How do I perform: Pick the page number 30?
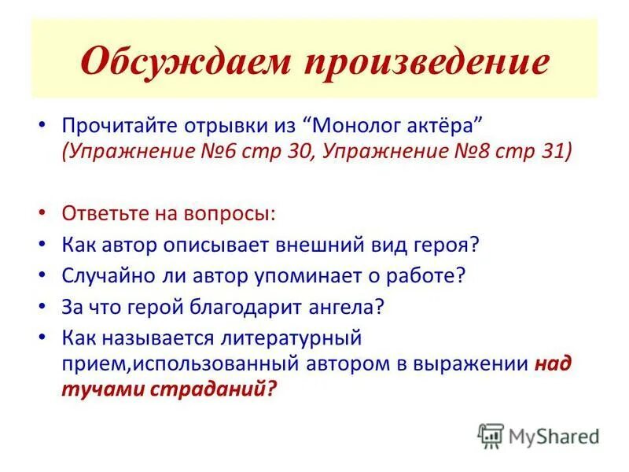point(334,151)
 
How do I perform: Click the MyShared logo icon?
point(491,436)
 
